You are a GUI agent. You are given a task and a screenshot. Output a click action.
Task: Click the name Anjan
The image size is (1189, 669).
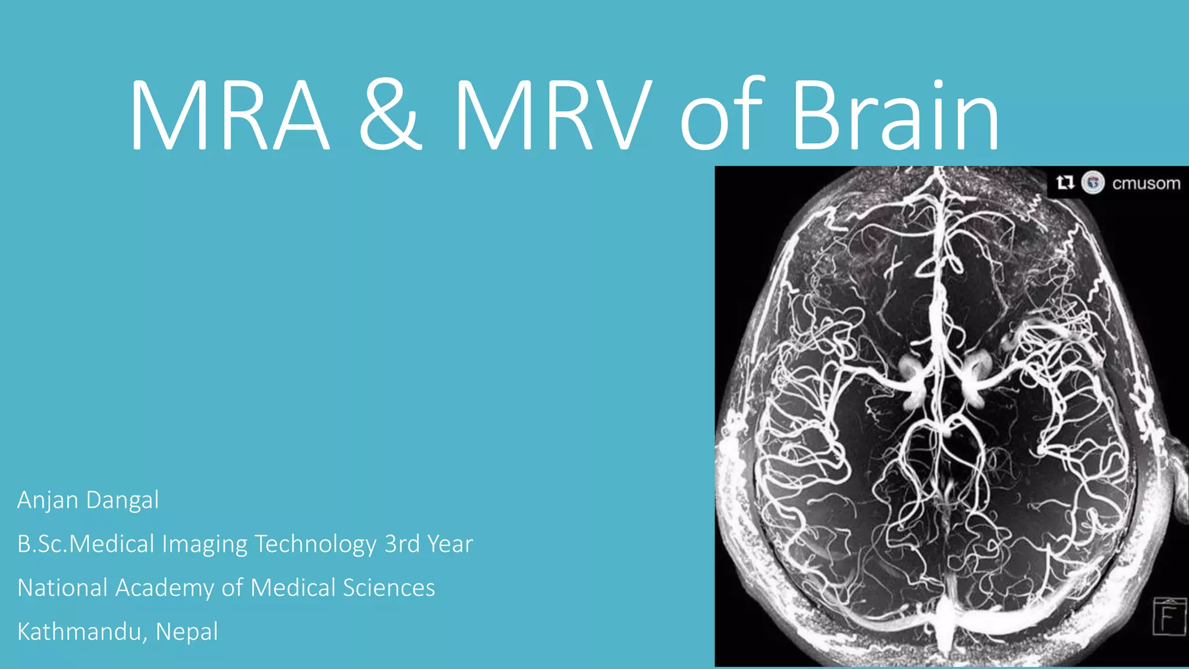48,501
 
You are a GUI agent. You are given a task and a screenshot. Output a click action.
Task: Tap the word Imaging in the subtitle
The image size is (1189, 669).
204,545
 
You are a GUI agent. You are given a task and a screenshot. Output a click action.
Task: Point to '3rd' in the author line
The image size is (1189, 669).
402,544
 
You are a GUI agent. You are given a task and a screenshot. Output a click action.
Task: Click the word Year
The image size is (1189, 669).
450,544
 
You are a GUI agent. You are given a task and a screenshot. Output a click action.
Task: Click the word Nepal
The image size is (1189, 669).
187,632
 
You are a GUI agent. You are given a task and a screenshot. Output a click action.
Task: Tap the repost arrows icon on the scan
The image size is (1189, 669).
1065,183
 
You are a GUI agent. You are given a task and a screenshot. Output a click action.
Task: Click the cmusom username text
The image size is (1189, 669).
1146,184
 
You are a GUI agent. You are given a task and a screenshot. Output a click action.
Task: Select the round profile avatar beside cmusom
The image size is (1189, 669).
1093,183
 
